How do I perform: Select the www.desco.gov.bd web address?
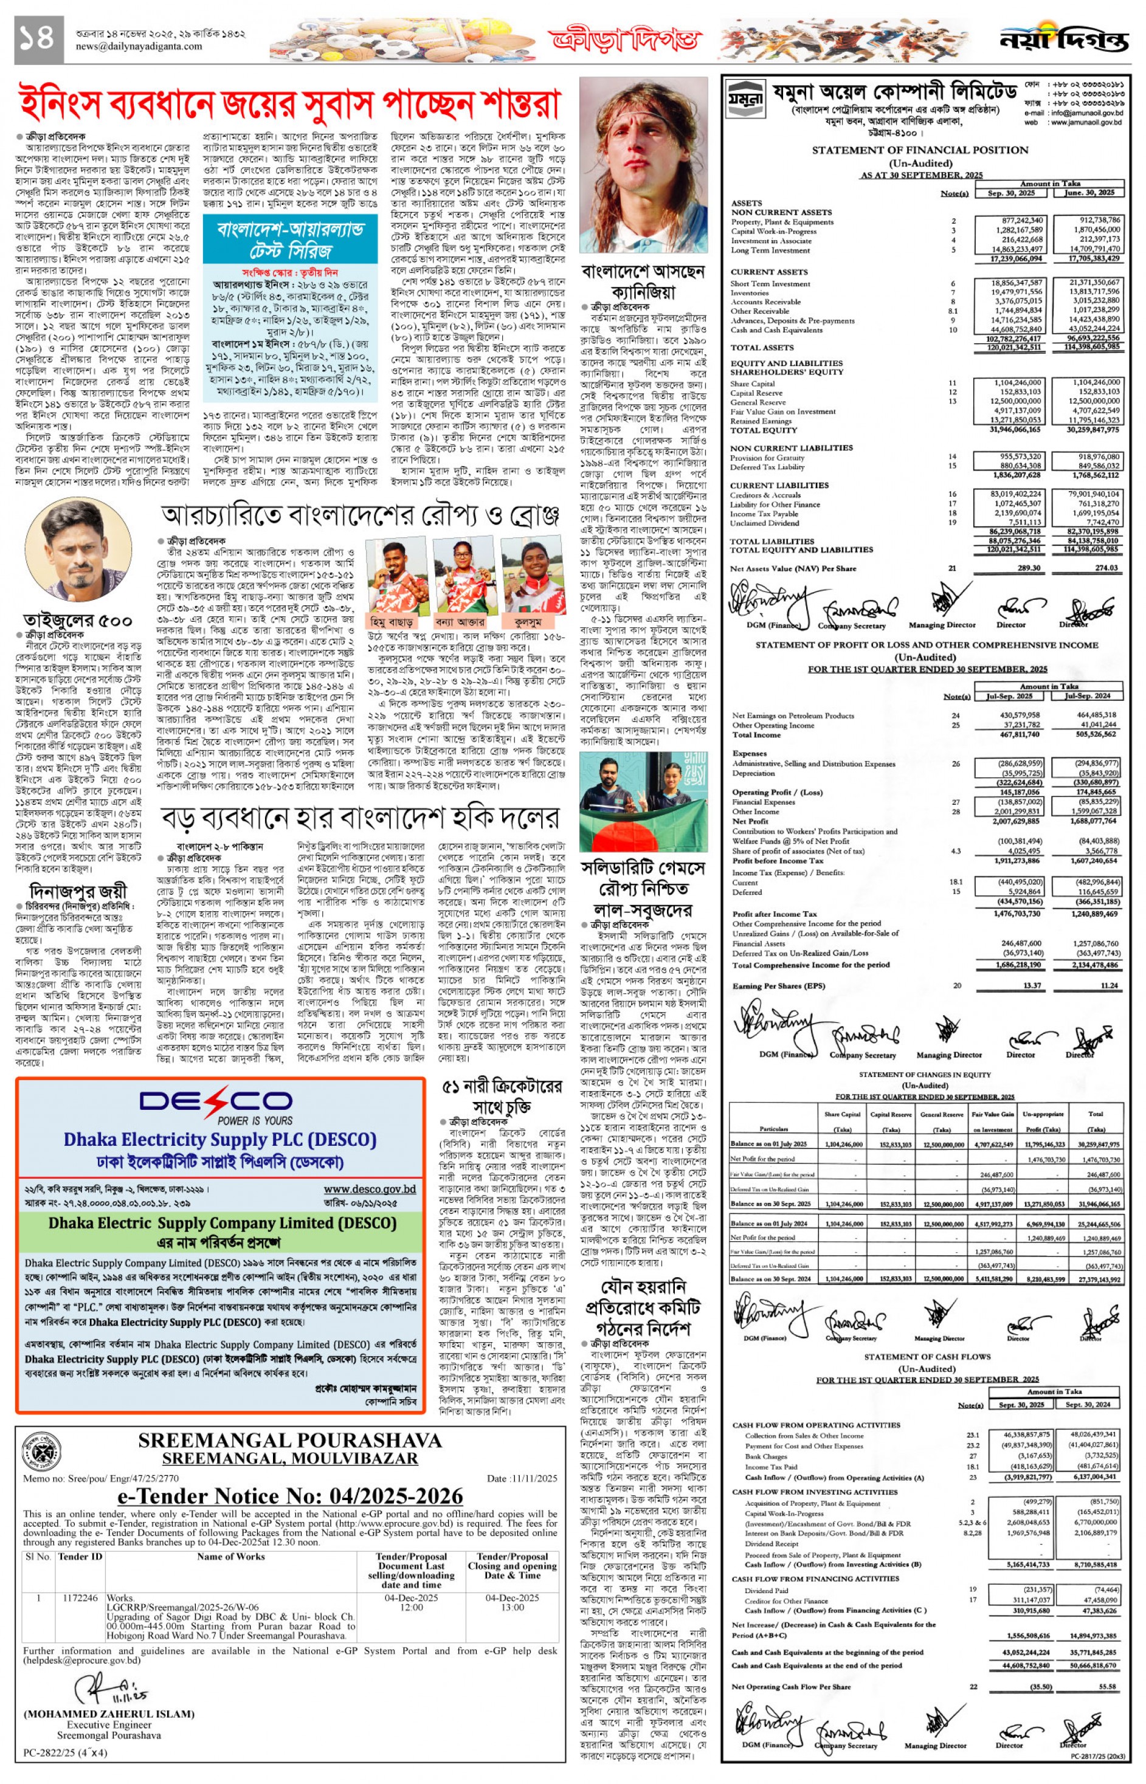(369, 1189)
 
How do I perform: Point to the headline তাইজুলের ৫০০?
(77, 621)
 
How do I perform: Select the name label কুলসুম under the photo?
(528, 621)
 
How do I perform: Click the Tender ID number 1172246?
(80, 1598)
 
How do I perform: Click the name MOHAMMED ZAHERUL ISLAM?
(109, 1714)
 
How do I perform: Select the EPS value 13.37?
(1031, 986)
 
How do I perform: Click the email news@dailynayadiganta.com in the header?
(139, 46)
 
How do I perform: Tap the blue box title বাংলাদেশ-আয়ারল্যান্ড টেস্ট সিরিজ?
(290, 239)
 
